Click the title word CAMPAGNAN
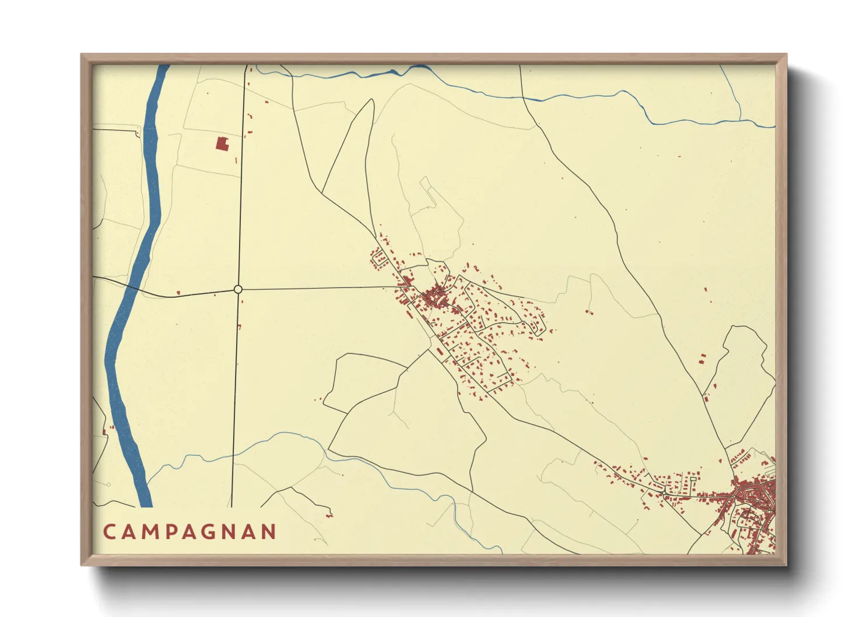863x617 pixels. click(x=190, y=532)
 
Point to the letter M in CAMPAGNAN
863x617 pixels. click(x=147, y=532)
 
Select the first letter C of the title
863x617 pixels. click(x=108, y=532)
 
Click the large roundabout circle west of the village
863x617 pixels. click(x=238, y=289)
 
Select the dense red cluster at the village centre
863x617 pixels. click(x=435, y=297)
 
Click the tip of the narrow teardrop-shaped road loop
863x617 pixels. click(x=371, y=100)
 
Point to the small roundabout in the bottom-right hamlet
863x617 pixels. click(x=665, y=494)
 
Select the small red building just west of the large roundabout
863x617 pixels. click(x=178, y=292)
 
